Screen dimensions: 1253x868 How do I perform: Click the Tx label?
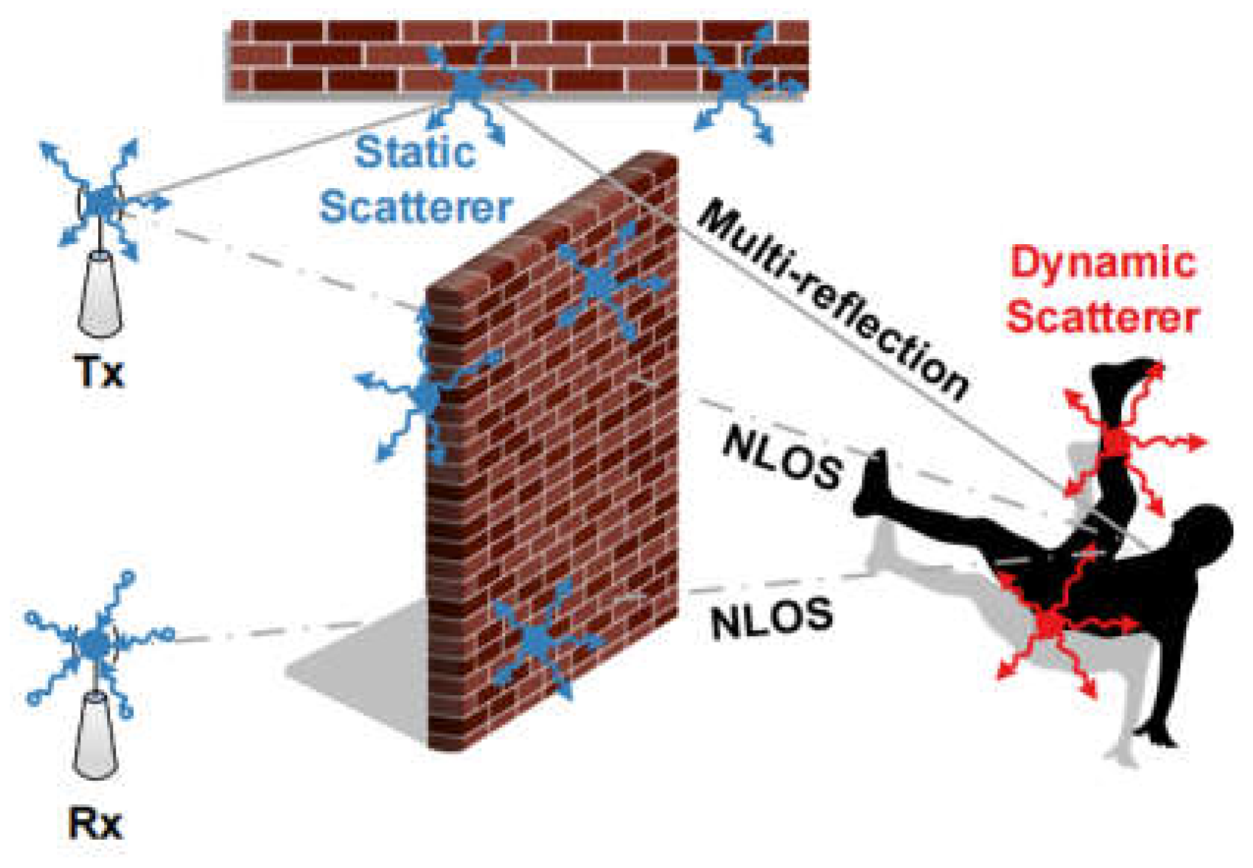(100, 373)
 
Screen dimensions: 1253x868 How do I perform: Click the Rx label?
(95, 825)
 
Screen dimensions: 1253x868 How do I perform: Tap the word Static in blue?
(415, 152)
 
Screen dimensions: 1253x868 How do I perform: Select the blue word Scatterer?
(416, 207)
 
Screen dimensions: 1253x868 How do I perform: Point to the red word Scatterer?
(1103, 317)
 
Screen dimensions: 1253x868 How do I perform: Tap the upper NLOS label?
(782, 460)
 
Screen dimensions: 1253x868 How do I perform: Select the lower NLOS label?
(772, 617)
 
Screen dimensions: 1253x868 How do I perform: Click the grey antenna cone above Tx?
(100, 294)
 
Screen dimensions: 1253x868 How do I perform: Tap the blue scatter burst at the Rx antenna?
(94, 644)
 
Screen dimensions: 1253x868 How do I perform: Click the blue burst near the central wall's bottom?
(538, 637)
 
